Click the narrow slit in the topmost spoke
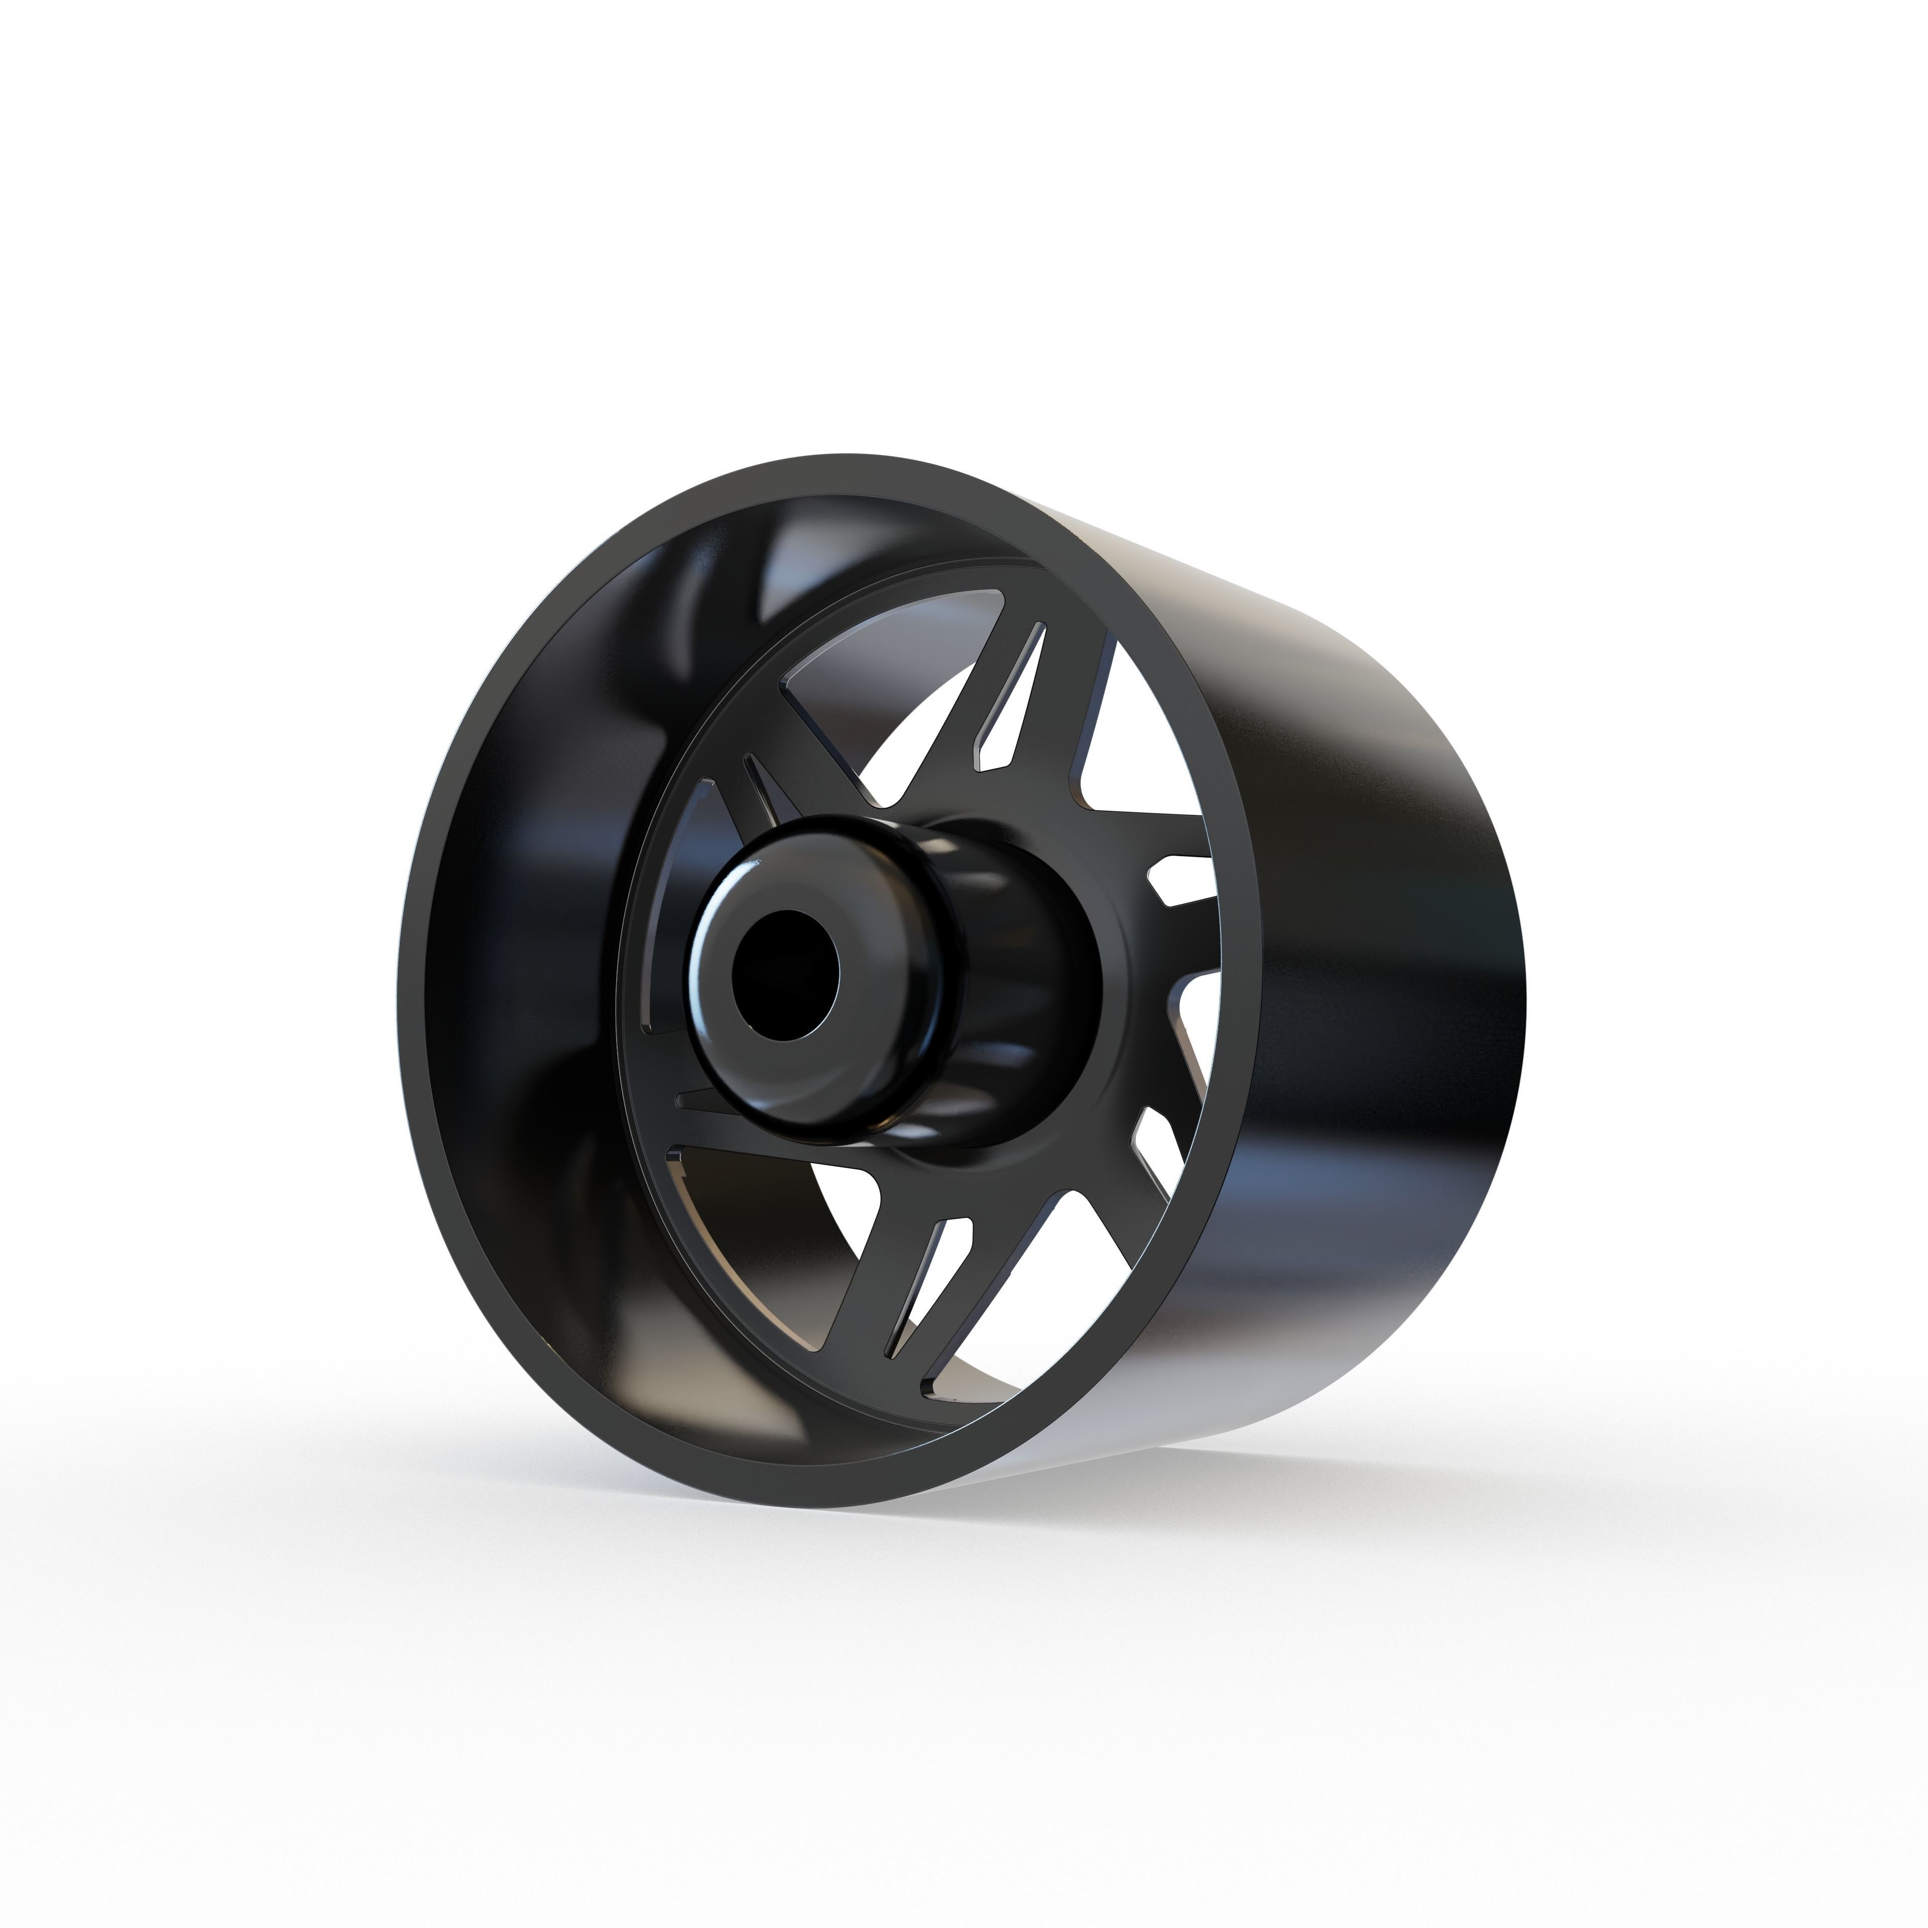pyautogui.click(x=1010, y=698)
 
